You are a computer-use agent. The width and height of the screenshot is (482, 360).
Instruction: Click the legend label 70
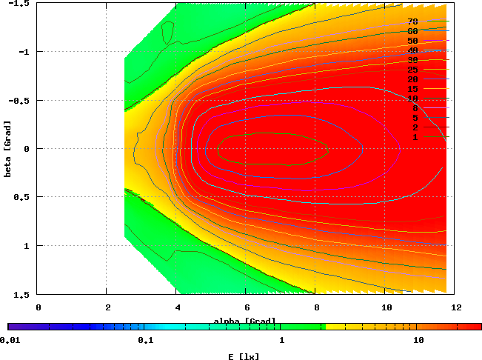tap(412, 21)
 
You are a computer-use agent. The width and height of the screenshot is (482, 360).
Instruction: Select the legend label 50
tap(412, 41)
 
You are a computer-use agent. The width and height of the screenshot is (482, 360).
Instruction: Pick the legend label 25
tap(412, 70)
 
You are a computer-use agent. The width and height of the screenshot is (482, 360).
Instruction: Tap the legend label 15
tap(412, 89)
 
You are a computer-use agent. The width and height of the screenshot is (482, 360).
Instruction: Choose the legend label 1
tap(415, 137)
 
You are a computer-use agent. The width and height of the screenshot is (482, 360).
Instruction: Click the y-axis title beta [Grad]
tap(7, 149)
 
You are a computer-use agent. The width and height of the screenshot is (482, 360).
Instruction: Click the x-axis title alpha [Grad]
tap(245, 321)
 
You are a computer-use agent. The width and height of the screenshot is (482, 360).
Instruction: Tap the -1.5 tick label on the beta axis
tap(20, 4)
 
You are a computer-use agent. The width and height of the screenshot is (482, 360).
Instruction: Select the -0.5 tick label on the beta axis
tap(20, 100)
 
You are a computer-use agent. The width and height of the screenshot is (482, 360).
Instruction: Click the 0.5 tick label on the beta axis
tap(22, 197)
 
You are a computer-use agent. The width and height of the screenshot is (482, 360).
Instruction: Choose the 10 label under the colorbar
tap(418, 341)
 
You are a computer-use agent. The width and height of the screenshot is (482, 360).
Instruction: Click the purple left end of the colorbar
tap(10, 327)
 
